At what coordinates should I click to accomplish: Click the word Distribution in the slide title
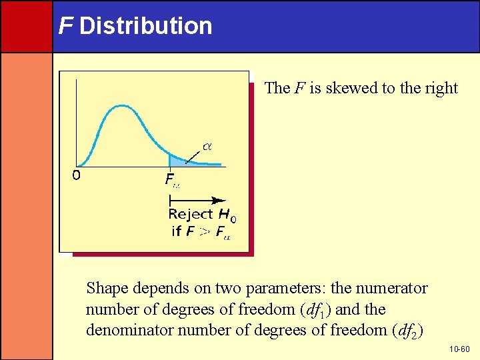point(145,26)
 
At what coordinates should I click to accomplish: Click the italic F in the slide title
point(65,26)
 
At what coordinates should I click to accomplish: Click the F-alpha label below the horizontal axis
point(171,179)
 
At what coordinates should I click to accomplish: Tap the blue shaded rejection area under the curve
point(175,161)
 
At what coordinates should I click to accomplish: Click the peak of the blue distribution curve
point(121,105)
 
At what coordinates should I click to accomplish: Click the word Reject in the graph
point(191,215)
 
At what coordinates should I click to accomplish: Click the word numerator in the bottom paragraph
point(393,289)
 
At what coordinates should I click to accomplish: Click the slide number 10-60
point(459,349)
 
